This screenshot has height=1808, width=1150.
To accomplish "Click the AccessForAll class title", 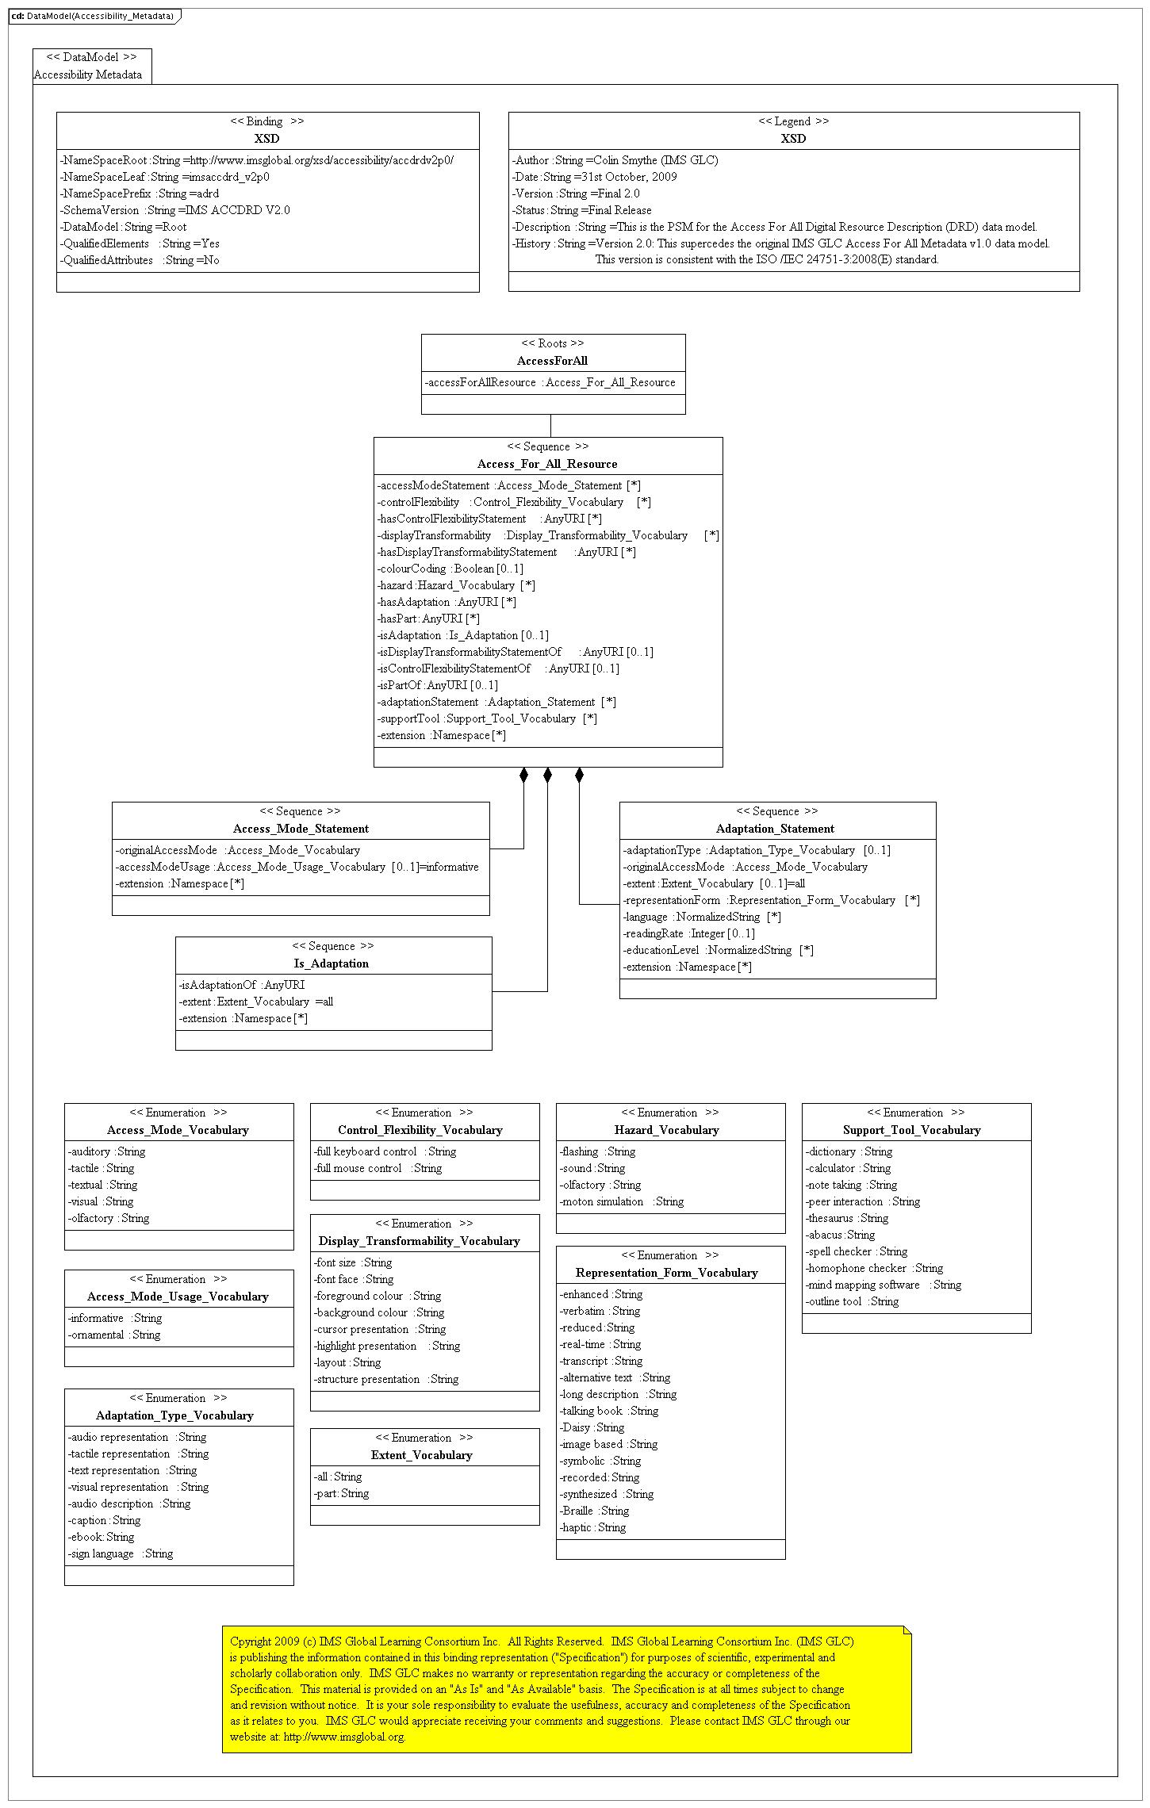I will coord(552,361).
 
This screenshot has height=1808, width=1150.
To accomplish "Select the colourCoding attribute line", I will coord(450,569).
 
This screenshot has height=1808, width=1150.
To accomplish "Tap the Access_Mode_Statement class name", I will coord(301,829).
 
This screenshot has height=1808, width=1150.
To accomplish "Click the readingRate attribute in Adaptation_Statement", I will coord(688,933).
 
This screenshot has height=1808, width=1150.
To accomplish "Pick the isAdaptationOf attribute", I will coord(242,985).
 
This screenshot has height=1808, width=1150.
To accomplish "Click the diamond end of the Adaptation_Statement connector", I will coord(579,775).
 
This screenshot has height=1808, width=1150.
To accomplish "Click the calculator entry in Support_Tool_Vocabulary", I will coord(848,1168).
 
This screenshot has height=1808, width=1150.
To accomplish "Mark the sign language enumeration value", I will coord(121,1553).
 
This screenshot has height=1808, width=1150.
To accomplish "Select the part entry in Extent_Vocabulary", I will coord(342,1493).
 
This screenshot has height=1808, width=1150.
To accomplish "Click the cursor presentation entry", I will coord(380,1329).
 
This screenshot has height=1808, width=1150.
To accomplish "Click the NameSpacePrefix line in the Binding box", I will coord(140,193).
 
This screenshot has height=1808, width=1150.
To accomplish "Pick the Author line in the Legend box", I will coord(615,160).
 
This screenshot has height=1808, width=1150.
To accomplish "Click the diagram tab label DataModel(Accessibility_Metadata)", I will coord(94,16).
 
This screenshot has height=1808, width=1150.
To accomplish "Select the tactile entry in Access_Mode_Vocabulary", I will coord(101,1168).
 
